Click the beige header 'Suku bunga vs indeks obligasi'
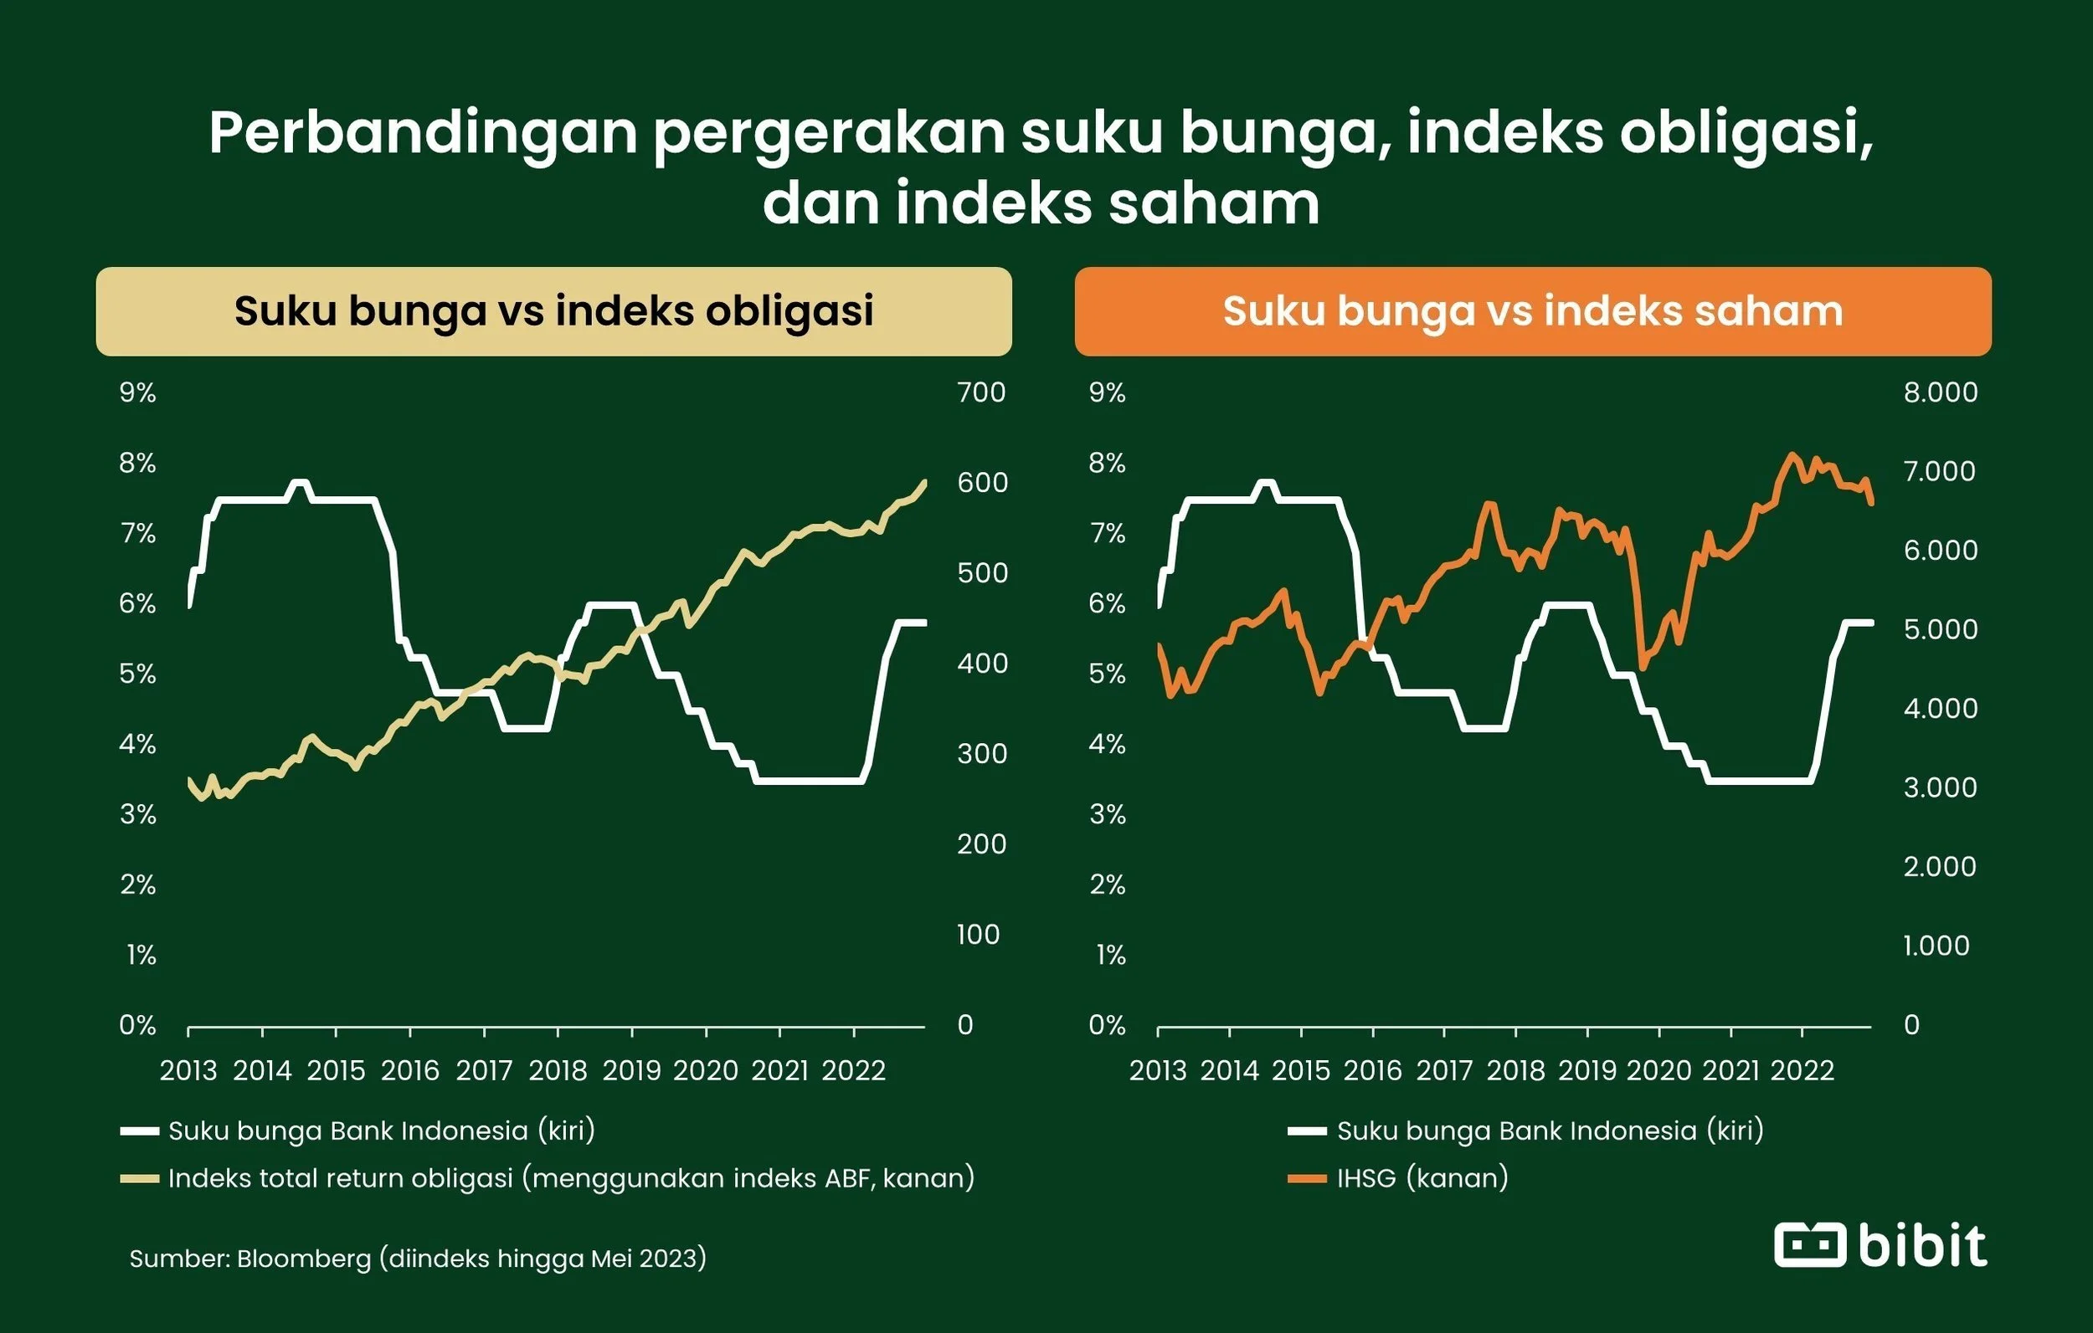click(x=553, y=311)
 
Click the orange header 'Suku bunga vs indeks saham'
click(x=1532, y=311)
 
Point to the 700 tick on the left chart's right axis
click(x=980, y=392)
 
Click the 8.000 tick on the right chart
click(x=1940, y=392)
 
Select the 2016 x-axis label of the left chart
click(x=409, y=1069)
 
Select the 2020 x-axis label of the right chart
click(x=1658, y=1069)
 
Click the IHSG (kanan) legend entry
click(x=1421, y=1177)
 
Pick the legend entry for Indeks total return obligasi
click(x=570, y=1177)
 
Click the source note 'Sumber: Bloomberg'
click(x=417, y=1258)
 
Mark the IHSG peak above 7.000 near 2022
click(x=1792, y=454)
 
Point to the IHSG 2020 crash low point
click(x=1643, y=668)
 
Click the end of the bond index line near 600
click(x=924, y=481)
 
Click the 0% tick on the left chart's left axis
click(x=137, y=1025)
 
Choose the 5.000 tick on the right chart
click(x=1940, y=629)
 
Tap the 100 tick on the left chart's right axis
click(x=978, y=934)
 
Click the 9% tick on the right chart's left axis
click(x=1107, y=392)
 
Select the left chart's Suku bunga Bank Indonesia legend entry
click(x=381, y=1130)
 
